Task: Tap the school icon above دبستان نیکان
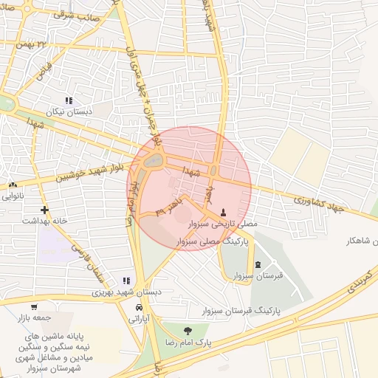[x=69, y=100]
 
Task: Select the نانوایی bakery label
[x=16, y=196]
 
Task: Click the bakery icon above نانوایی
[x=13, y=185]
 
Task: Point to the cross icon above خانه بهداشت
[x=44, y=210]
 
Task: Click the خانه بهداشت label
[x=44, y=221]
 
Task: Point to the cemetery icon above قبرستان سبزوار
[x=257, y=264]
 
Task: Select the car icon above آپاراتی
[x=140, y=308]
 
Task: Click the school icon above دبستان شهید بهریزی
[x=126, y=281]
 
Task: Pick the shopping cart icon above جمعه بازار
[x=34, y=307]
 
